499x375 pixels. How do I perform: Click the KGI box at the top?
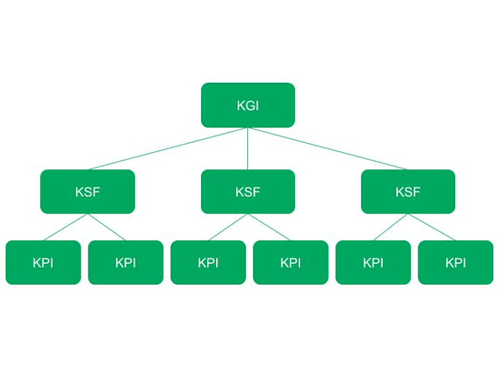point(247,105)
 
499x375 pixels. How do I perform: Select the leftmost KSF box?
point(87,192)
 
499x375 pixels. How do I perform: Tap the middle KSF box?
point(247,192)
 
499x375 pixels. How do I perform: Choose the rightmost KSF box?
point(407,192)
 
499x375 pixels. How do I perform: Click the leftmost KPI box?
point(43,262)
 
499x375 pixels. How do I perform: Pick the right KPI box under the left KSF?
point(125,262)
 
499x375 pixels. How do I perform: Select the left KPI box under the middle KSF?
point(208,262)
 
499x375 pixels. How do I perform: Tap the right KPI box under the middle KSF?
point(290,262)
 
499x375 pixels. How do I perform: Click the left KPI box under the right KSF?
point(372,262)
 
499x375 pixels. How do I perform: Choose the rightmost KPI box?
point(455,262)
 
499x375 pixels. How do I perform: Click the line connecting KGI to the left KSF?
point(168,148)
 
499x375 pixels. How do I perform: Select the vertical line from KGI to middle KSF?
point(247,149)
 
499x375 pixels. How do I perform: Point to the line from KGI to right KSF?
point(328,148)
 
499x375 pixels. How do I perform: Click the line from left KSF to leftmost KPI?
point(66,227)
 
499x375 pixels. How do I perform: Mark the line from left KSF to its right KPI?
point(107,227)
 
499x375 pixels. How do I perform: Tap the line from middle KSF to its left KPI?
point(228,227)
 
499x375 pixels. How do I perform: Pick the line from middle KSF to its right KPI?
point(269,227)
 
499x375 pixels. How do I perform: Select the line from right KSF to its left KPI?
point(390,227)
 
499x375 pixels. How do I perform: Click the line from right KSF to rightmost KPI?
point(431,227)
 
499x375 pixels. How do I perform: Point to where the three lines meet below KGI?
point(247,128)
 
